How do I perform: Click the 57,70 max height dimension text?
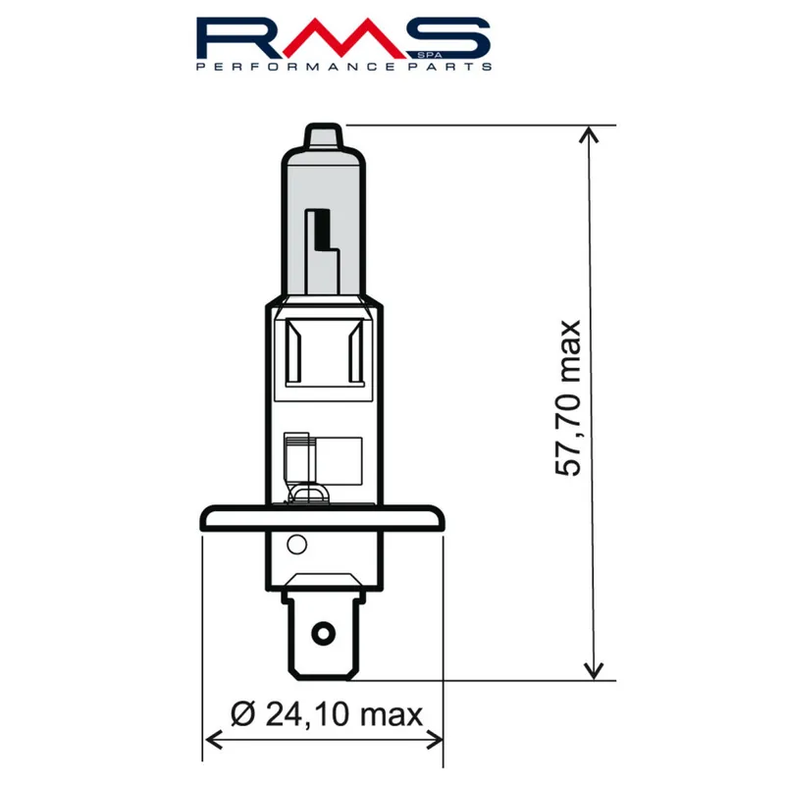click(569, 398)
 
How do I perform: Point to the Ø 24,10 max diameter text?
click(328, 713)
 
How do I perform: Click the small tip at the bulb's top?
click(322, 135)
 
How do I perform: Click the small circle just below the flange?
click(296, 547)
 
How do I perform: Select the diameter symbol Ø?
click(245, 713)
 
